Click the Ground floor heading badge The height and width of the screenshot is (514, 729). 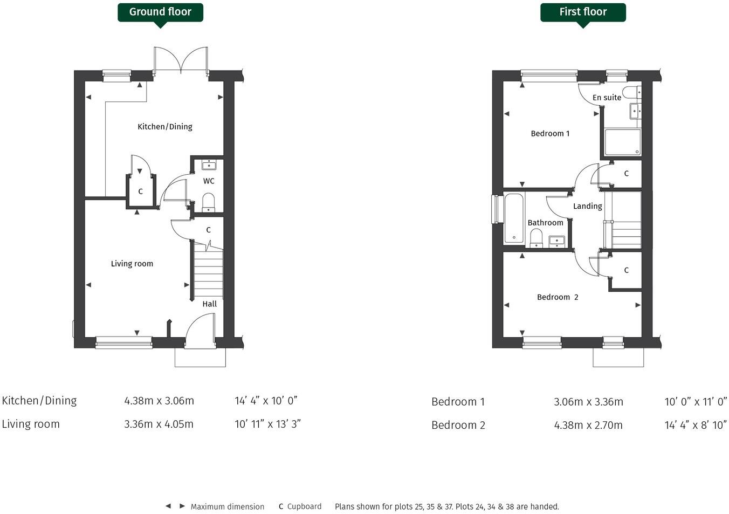click(160, 12)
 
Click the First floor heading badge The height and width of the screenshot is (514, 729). click(583, 12)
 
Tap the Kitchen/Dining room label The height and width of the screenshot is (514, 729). click(165, 127)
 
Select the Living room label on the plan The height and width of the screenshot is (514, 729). click(132, 264)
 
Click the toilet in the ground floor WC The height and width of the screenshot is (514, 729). click(209, 203)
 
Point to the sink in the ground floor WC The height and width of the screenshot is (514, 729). click(209, 165)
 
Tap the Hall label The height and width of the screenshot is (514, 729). click(210, 304)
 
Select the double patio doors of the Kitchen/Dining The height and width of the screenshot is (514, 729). click(181, 59)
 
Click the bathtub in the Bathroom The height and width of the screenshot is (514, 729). click(514, 218)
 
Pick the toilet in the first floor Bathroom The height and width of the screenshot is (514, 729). click(536, 237)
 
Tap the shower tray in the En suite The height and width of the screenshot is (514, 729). click(623, 142)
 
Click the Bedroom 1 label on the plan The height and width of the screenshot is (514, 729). click(550, 134)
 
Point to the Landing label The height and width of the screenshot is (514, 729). click(587, 207)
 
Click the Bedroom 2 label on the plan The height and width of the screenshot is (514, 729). click(558, 297)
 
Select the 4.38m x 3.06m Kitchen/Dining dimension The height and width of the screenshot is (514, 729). click(159, 401)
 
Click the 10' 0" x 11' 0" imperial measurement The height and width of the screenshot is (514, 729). click(696, 402)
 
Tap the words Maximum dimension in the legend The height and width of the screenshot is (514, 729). click(228, 507)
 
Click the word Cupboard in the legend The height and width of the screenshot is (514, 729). click(304, 506)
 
